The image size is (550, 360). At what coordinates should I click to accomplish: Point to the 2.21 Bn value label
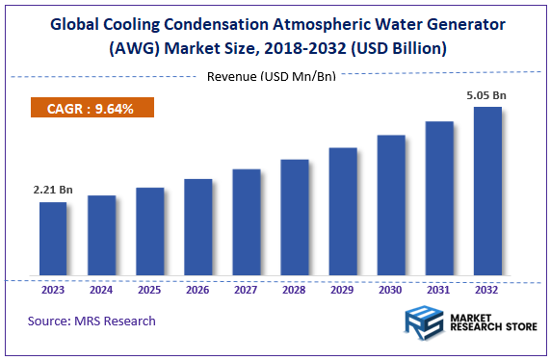(x=53, y=190)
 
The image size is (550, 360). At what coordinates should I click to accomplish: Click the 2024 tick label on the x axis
(x=101, y=289)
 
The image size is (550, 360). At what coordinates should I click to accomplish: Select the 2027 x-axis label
(x=246, y=289)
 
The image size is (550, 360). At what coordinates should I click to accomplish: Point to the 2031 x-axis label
(x=439, y=289)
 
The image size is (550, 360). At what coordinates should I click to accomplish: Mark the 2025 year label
(x=149, y=289)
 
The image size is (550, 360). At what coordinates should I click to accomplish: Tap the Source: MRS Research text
(x=92, y=321)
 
